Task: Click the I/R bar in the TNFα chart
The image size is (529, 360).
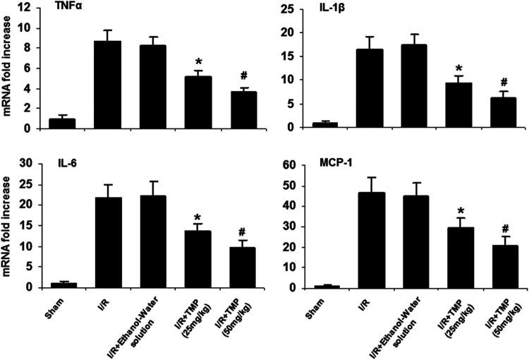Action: pos(107,85)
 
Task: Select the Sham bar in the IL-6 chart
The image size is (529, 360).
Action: pos(62,284)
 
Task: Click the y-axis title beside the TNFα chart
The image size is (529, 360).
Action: pos(8,68)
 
